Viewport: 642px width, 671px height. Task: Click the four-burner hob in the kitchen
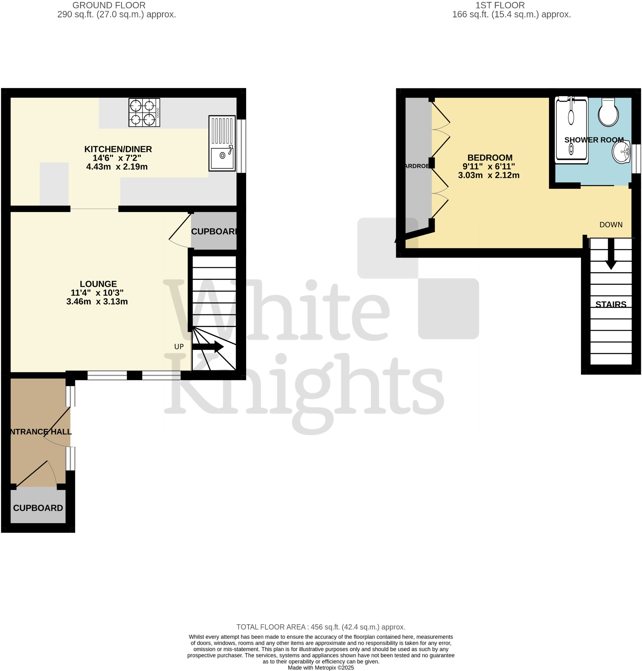click(144, 113)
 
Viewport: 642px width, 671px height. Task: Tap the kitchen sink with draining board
click(222, 143)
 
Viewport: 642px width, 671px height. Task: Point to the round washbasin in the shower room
click(621, 152)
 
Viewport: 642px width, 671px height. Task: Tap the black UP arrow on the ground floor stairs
click(208, 347)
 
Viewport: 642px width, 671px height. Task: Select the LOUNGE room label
click(98, 284)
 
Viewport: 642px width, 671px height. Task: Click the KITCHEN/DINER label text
click(118, 149)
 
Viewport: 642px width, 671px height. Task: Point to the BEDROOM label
click(490, 158)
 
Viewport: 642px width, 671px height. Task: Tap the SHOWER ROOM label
click(594, 140)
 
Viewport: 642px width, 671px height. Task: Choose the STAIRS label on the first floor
click(611, 305)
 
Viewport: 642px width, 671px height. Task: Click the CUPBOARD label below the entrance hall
click(38, 508)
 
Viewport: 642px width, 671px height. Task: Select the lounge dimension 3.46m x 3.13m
click(97, 302)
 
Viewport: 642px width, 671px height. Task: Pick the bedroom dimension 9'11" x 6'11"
click(489, 167)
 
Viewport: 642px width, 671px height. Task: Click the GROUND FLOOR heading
click(109, 5)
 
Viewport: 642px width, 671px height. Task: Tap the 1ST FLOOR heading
click(500, 5)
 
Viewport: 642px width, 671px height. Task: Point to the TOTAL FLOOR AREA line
click(321, 627)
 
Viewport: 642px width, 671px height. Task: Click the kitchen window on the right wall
click(241, 146)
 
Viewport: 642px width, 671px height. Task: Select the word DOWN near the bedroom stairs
click(611, 225)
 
